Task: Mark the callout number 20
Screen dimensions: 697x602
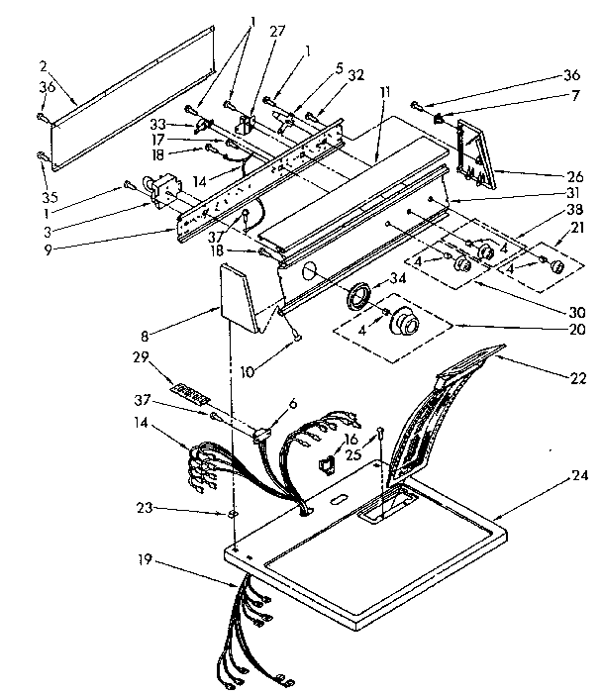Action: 576,330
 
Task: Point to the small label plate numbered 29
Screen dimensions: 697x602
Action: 190,392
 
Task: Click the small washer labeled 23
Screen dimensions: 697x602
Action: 231,515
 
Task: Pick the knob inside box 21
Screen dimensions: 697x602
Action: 554,266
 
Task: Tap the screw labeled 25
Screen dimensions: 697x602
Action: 379,431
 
